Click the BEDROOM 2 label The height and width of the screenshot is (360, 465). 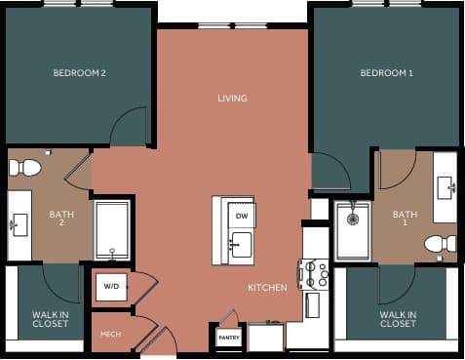point(79,73)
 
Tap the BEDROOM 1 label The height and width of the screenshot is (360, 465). point(387,73)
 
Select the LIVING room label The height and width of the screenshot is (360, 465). point(232,98)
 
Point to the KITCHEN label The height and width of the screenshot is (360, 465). point(266,288)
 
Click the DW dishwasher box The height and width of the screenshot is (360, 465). point(242,215)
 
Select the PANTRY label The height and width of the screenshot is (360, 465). point(228,338)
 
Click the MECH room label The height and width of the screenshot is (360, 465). point(110,334)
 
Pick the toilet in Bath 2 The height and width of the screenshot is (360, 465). point(26,168)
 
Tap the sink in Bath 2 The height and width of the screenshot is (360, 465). point(19,224)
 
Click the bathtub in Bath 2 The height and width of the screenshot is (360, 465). point(112,230)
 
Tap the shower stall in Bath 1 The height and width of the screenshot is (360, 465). point(353,230)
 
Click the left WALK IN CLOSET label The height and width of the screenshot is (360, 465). point(50,319)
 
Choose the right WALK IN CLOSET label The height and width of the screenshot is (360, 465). point(398,319)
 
